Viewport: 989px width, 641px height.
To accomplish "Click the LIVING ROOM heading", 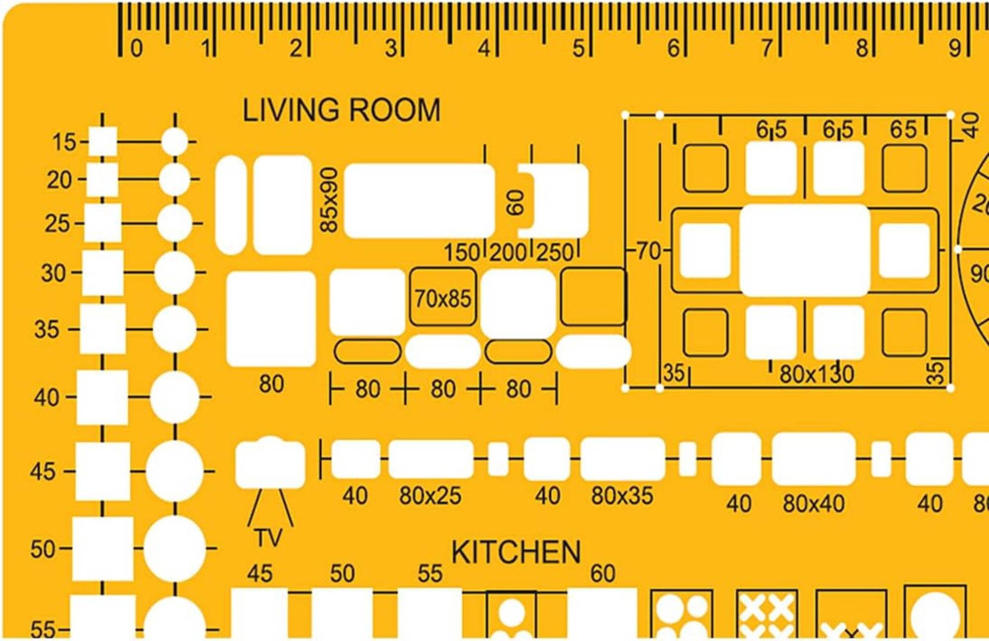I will [341, 110].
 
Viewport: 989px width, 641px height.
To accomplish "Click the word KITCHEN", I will [516, 552].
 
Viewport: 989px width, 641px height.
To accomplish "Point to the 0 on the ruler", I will [136, 48].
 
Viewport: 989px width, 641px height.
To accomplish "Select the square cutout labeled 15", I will [103, 141].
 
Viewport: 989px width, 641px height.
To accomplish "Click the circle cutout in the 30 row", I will [175, 272].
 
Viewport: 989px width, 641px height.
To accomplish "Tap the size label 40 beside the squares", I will [46, 397].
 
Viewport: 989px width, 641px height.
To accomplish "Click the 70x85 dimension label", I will [443, 299].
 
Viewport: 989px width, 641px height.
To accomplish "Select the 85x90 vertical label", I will [329, 200].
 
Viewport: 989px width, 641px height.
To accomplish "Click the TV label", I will [269, 538].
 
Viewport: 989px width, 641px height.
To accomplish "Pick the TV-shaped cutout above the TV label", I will [270, 462].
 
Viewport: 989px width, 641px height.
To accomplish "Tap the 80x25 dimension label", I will [430, 496].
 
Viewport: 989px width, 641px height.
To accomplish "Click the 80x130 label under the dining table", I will [816, 374].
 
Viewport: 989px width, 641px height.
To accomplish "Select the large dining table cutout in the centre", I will [805, 250].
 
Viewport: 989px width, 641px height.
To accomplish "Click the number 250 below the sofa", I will [555, 253].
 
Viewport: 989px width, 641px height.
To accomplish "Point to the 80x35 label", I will [622, 496].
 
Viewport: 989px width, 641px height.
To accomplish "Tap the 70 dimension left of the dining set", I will [648, 251].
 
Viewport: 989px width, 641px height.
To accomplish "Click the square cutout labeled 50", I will [103, 549].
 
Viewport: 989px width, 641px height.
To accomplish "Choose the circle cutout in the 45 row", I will [175, 471].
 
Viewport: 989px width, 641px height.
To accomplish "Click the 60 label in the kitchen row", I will [603, 574].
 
